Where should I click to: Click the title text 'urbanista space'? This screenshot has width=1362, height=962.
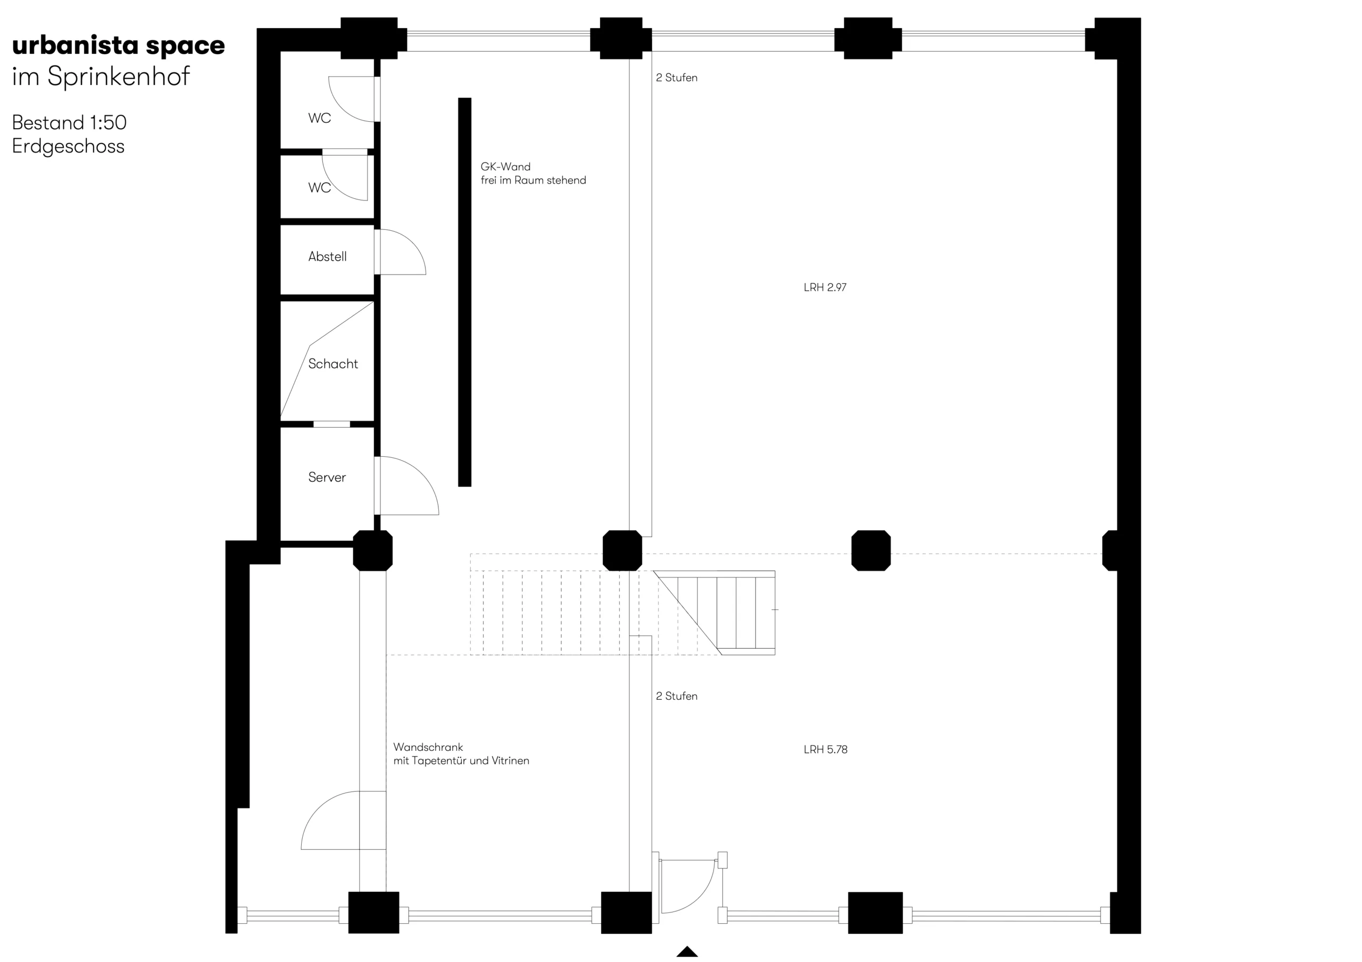(118, 46)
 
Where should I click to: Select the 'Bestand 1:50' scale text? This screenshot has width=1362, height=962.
(69, 122)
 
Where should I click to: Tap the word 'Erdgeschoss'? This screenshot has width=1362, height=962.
(68, 146)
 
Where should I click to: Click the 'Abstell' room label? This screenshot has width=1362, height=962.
(327, 256)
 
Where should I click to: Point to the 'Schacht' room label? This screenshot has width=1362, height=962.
(333, 364)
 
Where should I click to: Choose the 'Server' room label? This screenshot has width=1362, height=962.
(327, 478)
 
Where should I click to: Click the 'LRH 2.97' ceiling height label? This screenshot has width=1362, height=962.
(825, 287)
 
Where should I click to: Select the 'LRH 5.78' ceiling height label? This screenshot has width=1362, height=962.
(825, 749)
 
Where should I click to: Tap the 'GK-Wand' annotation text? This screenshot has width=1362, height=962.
(505, 166)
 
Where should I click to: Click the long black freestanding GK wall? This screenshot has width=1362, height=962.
(464, 292)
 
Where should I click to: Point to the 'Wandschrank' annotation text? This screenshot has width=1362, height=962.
(428, 747)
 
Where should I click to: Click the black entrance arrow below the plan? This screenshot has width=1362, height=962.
(687, 951)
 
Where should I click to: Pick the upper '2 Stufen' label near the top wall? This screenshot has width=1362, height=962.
(676, 78)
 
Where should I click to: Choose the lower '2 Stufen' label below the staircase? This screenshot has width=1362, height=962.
(676, 696)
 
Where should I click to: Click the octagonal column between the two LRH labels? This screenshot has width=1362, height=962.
(871, 550)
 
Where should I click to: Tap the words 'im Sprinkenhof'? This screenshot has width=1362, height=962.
(101, 77)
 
